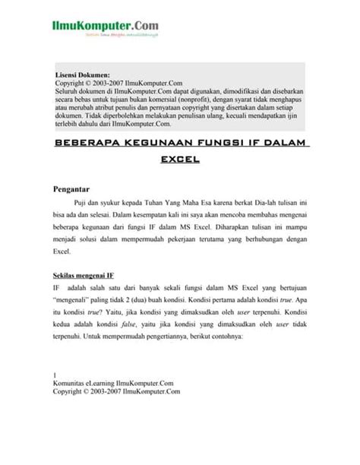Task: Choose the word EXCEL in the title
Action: pos(179,160)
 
